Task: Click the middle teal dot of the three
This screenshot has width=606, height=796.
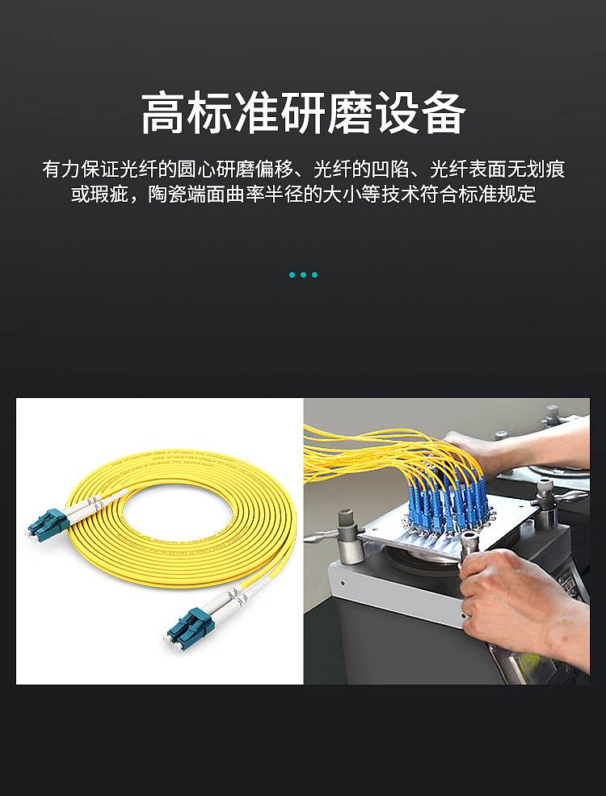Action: (303, 274)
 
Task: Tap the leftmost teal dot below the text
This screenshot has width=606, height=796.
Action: (292, 274)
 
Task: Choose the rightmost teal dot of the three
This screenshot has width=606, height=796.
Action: (315, 274)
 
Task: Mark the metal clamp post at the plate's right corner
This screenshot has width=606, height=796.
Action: (547, 504)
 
